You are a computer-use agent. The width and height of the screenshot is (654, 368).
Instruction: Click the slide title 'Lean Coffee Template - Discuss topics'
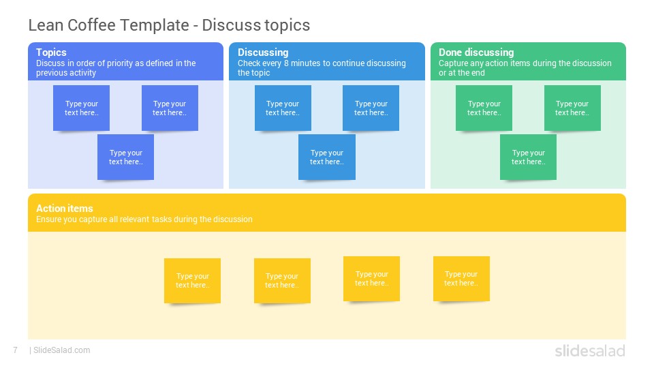click(x=169, y=25)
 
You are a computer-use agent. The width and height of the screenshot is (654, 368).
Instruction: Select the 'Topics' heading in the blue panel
click(x=51, y=52)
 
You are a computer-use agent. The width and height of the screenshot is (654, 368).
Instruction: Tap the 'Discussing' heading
click(x=263, y=52)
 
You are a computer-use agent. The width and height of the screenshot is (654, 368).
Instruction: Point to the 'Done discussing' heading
click(x=476, y=52)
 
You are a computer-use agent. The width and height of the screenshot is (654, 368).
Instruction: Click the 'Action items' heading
click(x=65, y=209)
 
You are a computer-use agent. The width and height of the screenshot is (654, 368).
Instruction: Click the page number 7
click(x=16, y=350)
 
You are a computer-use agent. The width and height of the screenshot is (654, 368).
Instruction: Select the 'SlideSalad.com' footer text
click(x=62, y=350)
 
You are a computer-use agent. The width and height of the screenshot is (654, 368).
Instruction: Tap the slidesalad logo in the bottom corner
click(x=590, y=350)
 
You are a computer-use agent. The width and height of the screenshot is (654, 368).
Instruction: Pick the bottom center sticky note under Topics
click(x=125, y=157)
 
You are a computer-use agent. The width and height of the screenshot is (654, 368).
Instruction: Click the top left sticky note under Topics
click(x=81, y=108)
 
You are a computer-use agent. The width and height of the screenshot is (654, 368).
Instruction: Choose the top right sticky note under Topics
click(x=170, y=108)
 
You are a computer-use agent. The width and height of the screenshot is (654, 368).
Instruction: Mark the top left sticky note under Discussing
click(x=283, y=108)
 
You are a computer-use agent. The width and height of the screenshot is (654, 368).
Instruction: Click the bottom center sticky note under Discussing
click(x=327, y=157)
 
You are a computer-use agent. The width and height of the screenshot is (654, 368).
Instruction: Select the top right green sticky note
click(x=572, y=108)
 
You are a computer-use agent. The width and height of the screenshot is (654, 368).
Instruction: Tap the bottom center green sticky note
click(x=528, y=157)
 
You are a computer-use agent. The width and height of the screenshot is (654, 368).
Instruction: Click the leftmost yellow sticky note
click(x=192, y=281)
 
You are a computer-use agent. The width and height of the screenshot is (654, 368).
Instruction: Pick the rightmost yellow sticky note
click(x=461, y=279)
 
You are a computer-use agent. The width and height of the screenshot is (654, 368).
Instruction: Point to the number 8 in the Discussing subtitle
click(x=286, y=63)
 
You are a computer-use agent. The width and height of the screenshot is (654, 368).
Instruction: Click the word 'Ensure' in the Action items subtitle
click(x=48, y=219)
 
